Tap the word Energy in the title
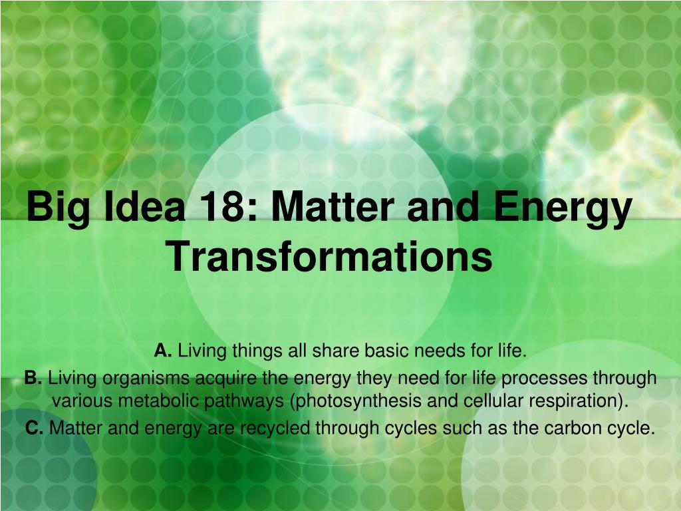click(563, 210)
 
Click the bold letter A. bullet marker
click(164, 351)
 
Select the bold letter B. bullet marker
click(33, 378)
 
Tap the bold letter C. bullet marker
click(35, 428)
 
